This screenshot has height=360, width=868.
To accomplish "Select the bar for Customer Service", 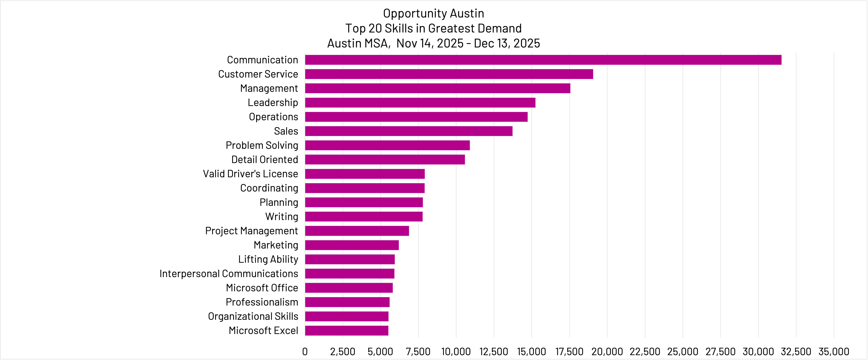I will (449, 74).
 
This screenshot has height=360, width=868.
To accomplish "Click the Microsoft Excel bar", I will (346, 331).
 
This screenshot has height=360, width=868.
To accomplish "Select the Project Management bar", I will (357, 231).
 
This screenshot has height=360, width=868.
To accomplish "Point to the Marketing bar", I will (352, 245).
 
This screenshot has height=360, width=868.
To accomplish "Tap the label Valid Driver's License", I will (250, 174).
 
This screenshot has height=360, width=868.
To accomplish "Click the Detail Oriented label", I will (265, 160).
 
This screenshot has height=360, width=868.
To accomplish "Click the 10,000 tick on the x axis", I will (456, 352).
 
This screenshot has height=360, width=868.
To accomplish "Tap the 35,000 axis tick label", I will (834, 352).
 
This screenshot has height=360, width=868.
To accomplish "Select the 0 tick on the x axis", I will (305, 352).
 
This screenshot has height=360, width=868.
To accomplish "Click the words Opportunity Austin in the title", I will (433, 13).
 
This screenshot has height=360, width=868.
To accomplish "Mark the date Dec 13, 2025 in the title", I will (507, 43).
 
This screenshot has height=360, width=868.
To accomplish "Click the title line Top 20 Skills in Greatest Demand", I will (433, 28).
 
